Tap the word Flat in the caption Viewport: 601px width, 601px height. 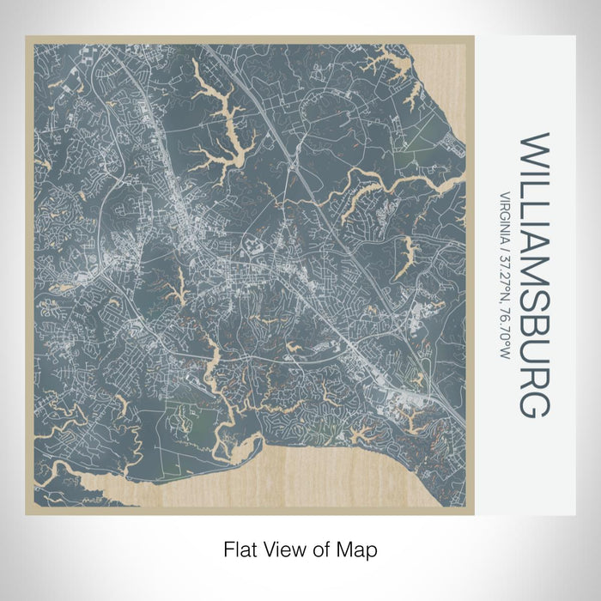[x=241, y=548]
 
